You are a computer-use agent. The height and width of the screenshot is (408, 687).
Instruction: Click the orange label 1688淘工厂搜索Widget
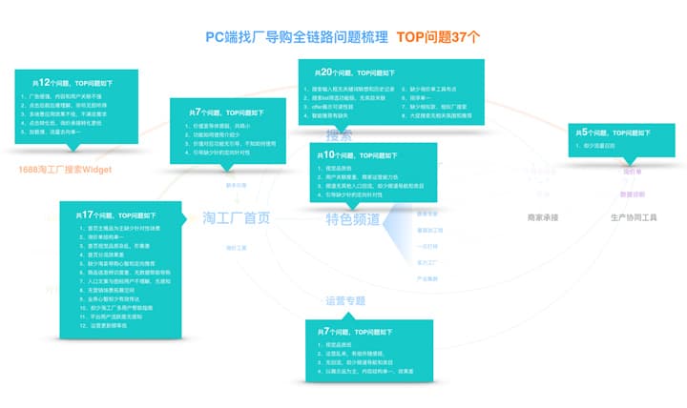[x=66, y=170]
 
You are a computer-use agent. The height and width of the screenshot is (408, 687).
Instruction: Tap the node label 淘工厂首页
[x=236, y=217]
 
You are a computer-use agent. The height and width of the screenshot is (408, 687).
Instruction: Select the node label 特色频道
[x=352, y=219]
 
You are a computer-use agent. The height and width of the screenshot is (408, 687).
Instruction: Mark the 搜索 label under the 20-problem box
[x=340, y=134]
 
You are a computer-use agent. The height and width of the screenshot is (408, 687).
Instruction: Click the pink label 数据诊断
[x=633, y=194]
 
